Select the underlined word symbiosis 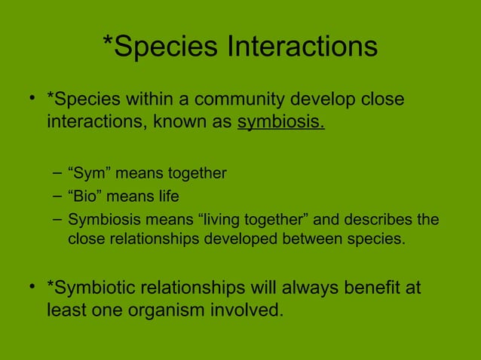pos(280,121)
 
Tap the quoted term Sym pos(90,174)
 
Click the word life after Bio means pos(167,197)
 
